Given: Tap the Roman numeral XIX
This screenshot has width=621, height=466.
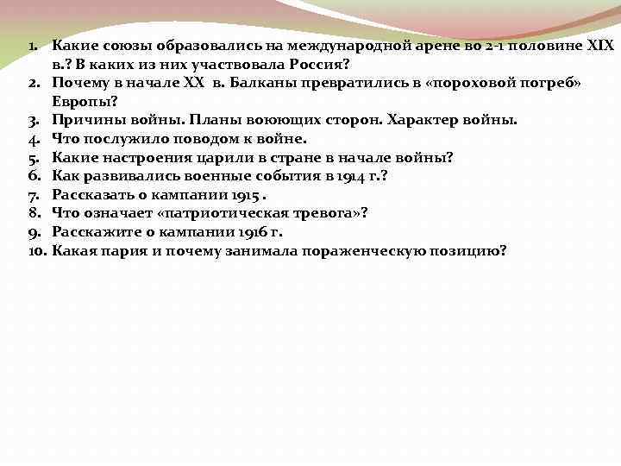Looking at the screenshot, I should click(x=598, y=44).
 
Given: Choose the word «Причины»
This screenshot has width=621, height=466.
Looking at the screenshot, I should click(x=85, y=120).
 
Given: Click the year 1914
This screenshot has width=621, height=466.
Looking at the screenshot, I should click(x=353, y=176).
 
